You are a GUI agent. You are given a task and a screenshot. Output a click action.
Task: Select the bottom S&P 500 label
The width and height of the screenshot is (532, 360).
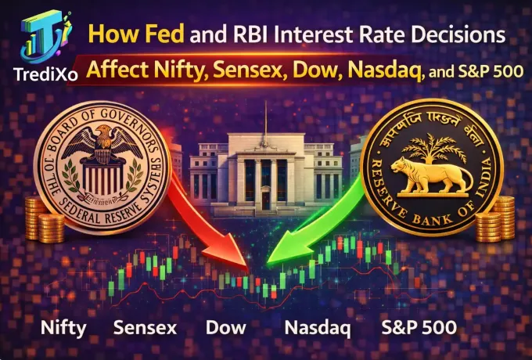click(415, 327)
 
